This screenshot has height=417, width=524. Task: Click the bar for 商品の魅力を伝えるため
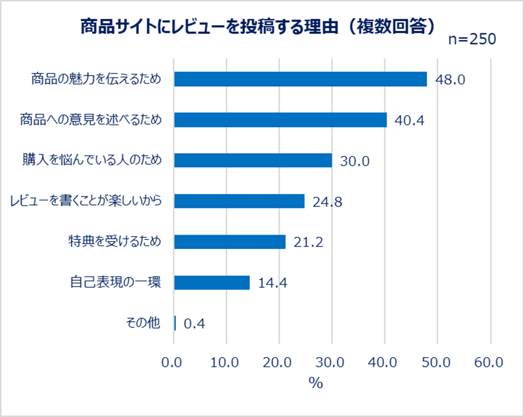[300, 79]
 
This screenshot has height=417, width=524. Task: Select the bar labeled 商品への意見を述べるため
[280, 120]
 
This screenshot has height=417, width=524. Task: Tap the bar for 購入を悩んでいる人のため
[253, 160]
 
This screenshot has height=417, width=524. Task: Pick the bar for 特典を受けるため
[230, 242]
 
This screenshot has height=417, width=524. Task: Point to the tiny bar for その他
[175, 323]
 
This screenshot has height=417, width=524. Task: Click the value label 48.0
[450, 80]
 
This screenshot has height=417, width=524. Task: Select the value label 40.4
[410, 120]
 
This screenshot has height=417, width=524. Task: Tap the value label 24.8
[327, 202]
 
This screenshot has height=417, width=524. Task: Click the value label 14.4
[272, 283]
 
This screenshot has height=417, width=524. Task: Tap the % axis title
[315, 383]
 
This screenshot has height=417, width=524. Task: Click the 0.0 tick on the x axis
[173, 363]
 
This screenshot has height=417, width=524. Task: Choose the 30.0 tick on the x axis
[332, 363]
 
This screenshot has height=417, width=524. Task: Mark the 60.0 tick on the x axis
[490, 363]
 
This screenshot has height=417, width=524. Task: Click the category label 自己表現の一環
[116, 282]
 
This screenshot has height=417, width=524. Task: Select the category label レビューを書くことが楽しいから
[86, 201]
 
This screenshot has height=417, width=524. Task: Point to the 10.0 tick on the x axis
[226, 363]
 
